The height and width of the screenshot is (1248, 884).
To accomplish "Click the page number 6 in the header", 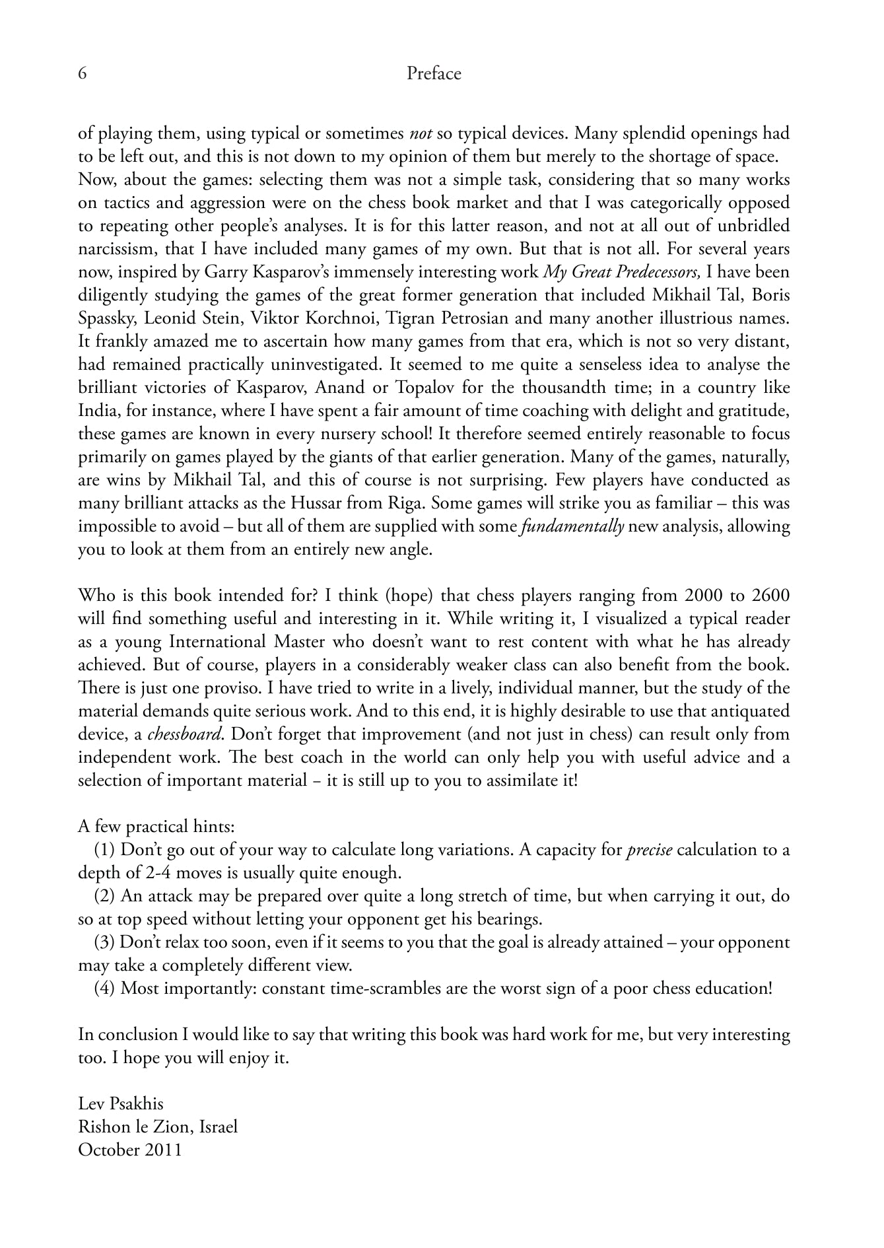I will click(83, 73).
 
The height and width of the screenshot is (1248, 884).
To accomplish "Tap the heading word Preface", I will click(434, 73).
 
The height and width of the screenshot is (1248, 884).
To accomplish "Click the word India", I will click(97, 411).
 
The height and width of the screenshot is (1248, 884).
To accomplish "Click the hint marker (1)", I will click(105, 850).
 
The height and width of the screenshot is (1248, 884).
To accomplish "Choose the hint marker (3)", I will click(105, 942).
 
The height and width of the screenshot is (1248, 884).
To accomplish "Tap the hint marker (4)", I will click(105, 988).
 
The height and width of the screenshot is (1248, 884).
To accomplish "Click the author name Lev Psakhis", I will click(121, 1104).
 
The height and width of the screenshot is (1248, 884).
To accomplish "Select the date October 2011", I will click(130, 1150).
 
